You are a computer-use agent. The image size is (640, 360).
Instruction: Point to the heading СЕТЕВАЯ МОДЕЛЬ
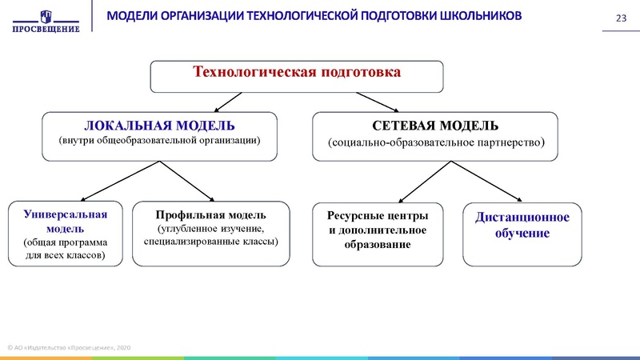[x=436, y=126]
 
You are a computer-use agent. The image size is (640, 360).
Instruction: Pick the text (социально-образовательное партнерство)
[x=436, y=142]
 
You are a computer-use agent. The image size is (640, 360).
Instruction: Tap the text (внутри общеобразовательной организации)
[x=160, y=141]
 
